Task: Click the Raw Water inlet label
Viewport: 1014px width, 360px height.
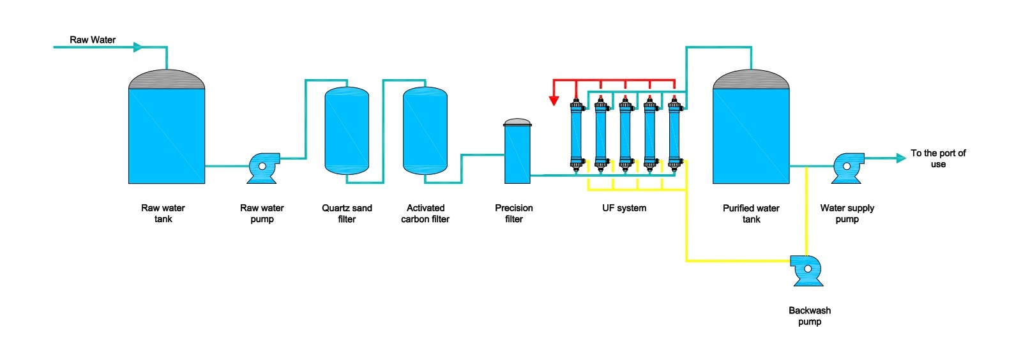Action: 93,40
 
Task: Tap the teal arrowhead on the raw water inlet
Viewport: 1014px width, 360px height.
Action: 138,47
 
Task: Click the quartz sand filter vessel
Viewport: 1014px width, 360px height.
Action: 347,131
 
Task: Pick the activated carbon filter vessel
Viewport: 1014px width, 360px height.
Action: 425,131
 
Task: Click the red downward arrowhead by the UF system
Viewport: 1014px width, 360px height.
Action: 554,100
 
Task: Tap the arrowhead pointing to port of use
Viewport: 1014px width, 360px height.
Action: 901,158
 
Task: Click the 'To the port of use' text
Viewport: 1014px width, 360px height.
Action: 938,158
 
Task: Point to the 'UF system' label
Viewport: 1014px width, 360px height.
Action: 624,208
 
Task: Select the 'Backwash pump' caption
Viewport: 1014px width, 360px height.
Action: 810,316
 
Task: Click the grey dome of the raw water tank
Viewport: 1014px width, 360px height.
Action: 167,80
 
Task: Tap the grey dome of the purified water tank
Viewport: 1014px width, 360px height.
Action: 751,80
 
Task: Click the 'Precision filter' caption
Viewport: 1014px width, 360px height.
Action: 514,213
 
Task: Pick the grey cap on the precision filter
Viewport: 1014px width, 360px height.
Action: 517,122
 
